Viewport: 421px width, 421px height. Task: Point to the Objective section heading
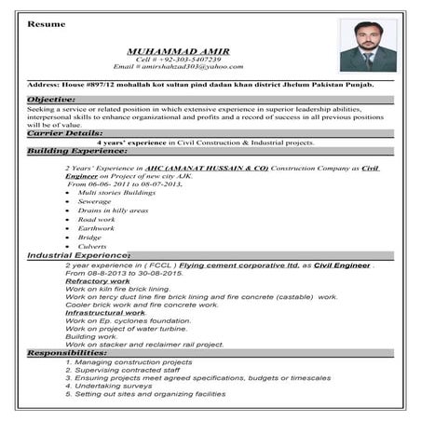tap(52, 99)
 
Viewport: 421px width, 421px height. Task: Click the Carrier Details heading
tap(65, 133)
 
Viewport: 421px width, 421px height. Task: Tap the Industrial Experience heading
tap(79, 254)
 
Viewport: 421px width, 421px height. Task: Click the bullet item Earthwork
tap(97, 229)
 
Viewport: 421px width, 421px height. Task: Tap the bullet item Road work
tap(98, 220)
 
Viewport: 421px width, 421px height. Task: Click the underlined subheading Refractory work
tap(97, 280)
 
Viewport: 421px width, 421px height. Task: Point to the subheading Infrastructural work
tap(104, 312)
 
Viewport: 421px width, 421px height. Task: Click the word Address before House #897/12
tap(44, 85)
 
